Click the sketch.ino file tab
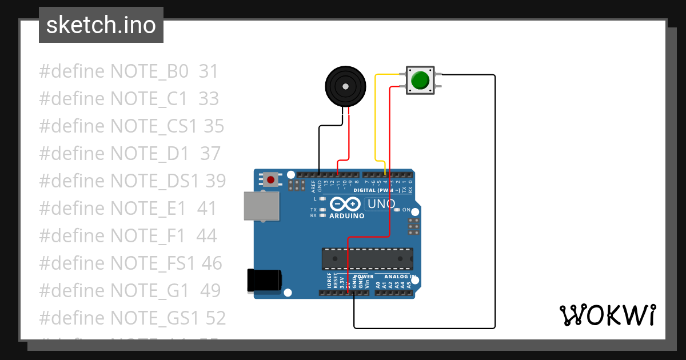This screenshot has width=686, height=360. (x=101, y=25)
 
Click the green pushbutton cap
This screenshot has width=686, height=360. (x=421, y=80)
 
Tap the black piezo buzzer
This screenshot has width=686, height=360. (x=345, y=86)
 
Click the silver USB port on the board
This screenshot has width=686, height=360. (x=262, y=206)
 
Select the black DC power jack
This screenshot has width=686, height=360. (x=264, y=280)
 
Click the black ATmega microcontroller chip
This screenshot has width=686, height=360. (x=367, y=258)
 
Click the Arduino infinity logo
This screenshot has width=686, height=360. (x=345, y=204)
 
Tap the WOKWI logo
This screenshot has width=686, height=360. (x=607, y=315)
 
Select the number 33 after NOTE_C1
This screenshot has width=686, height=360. (x=209, y=99)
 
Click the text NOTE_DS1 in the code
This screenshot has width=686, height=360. (x=154, y=181)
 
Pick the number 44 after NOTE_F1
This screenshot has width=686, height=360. (x=206, y=235)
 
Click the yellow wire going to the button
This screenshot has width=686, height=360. (x=375, y=114)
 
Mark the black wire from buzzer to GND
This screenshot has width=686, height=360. (x=319, y=149)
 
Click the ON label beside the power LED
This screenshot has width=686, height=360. (x=407, y=210)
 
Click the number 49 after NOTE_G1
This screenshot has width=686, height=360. (x=210, y=290)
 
